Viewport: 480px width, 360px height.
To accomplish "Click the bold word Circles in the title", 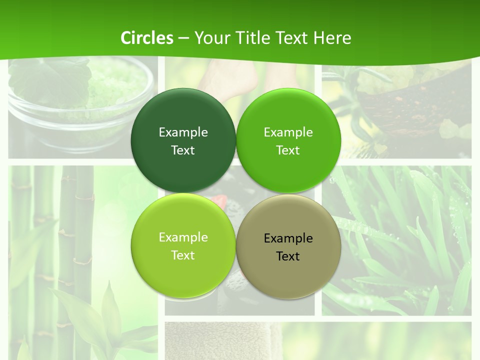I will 147,38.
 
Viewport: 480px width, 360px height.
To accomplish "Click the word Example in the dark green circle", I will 183,132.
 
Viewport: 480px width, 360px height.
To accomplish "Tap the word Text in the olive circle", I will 288,256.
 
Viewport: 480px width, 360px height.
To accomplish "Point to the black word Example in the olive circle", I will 288,238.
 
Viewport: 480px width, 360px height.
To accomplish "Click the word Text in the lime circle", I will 183,255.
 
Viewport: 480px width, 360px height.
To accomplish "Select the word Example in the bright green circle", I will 288,132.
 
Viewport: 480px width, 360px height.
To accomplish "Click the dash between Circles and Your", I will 183,38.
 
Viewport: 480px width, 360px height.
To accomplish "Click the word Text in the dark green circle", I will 183,150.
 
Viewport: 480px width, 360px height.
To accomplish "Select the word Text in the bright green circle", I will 288,150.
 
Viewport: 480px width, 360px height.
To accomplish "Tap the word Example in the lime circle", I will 183,237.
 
